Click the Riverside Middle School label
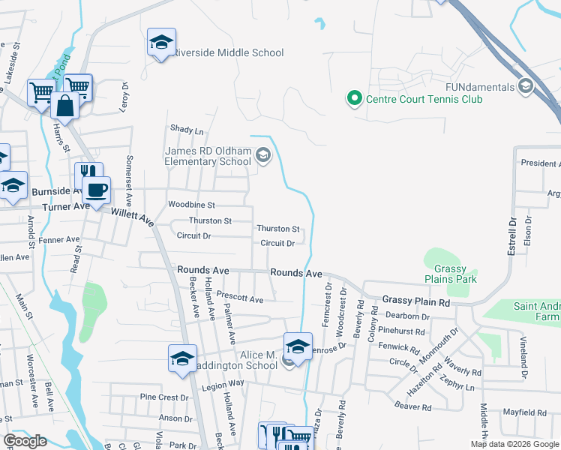pyautogui.click(x=229, y=52)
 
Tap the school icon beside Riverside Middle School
pyautogui.click(x=160, y=44)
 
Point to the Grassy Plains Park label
pyautogui.click(x=450, y=274)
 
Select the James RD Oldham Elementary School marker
pyautogui.click(x=262, y=156)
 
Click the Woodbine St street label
pyautogui.click(x=191, y=205)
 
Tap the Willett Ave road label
pyautogui.click(x=132, y=217)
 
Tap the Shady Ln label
pyautogui.click(x=187, y=130)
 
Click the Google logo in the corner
pyautogui.click(x=25, y=441)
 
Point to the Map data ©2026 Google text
pyautogui.click(x=514, y=444)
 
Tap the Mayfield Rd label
pyautogui.click(x=525, y=412)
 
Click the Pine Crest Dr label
pyautogui.click(x=163, y=397)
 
